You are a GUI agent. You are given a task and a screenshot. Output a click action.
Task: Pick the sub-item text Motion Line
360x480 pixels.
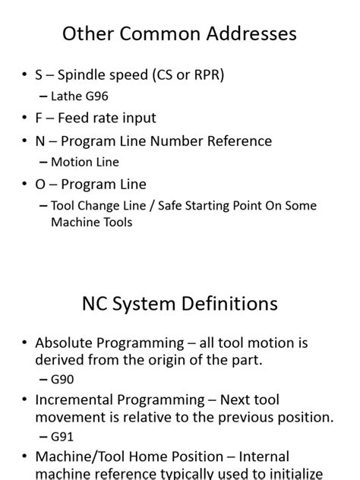pyautogui.click(x=84, y=162)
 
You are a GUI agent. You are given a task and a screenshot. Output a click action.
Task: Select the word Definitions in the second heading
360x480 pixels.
pyautogui.click(x=229, y=305)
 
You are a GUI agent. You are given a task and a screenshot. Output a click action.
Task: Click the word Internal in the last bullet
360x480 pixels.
pyautogui.click(x=264, y=457)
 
